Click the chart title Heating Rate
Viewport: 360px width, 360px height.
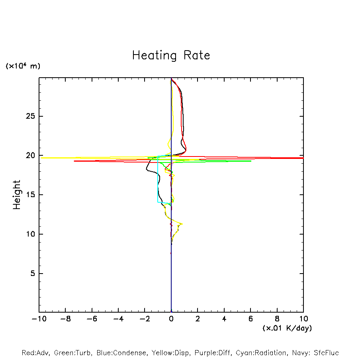[x=171, y=55]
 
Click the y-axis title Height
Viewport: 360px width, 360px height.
[x=17, y=195]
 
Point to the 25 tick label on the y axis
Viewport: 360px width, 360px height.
[x=31, y=116]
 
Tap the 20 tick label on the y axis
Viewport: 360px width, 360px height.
[x=31, y=155]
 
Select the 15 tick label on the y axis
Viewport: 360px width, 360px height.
[x=31, y=195]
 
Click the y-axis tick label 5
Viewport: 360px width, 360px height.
[x=33, y=273]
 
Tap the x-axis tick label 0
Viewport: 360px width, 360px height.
[x=171, y=319]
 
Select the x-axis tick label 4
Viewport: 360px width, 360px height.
[x=224, y=319]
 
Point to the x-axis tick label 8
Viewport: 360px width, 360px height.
[x=277, y=319]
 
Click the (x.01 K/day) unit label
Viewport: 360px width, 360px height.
[x=287, y=328]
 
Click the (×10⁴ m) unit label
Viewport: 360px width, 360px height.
[x=23, y=66]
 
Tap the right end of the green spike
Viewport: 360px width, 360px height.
[x=250, y=161]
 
